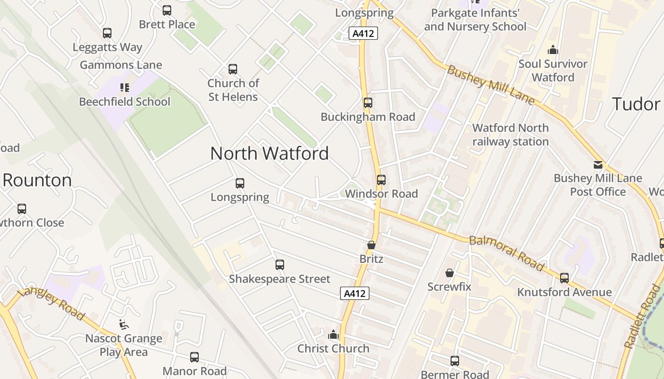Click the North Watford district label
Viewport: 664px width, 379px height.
coord(269,153)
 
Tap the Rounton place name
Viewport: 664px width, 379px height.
coord(37,180)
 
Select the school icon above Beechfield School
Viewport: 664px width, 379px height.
coord(124,88)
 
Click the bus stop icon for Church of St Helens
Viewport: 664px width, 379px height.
coord(233,69)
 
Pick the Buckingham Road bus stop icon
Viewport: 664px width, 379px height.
coord(368,103)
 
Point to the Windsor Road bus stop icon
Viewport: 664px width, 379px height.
coord(381,180)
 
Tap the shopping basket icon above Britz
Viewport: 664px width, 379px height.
coord(371,245)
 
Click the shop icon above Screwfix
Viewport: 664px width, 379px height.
coord(449,273)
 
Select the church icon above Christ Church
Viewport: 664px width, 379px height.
coord(333,335)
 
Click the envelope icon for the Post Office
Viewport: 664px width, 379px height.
coord(598,165)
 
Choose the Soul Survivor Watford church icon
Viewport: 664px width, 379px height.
coord(553,50)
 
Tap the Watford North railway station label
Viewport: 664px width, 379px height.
coord(510,135)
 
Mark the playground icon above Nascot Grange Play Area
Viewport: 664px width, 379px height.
coord(123,325)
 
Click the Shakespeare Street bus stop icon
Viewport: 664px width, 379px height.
coord(280,265)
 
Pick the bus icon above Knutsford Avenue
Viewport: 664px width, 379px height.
coord(564,278)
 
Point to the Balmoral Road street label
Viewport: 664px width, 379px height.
coord(507,253)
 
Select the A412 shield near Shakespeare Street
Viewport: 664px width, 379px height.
coord(355,294)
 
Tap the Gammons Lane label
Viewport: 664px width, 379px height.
coord(121,65)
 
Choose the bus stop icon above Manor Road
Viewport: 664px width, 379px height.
coord(194,357)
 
